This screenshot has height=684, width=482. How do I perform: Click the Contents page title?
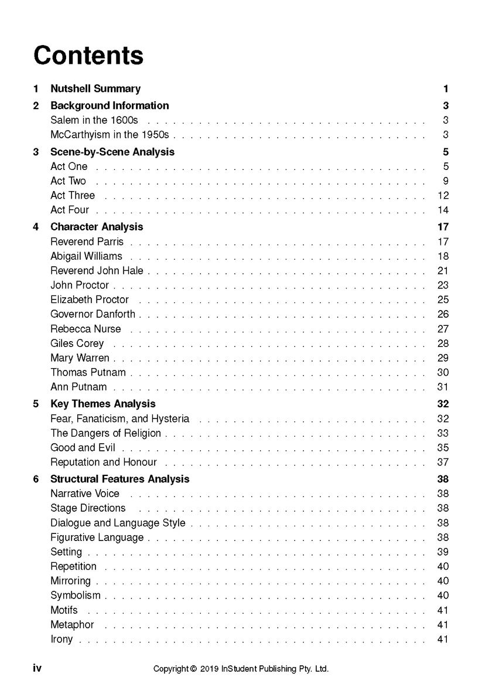tap(88, 55)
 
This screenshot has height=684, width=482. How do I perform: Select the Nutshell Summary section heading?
tap(95, 89)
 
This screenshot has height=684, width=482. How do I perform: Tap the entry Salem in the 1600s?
tap(94, 120)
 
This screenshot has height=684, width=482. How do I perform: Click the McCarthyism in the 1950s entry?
tap(110, 135)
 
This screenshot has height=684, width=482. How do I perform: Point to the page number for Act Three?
tap(443, 196)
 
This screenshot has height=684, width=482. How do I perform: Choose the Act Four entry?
tap(70, 210)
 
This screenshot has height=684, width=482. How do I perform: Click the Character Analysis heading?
tap(97, 227)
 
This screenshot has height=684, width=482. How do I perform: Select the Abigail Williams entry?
tap(86, 256)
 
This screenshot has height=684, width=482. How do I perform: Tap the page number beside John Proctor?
tap(443, 285)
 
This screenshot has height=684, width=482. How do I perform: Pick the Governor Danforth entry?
tap(93, 314)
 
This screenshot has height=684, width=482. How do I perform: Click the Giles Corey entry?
tap(77, 343)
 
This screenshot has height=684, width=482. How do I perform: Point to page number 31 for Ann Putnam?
tap(443, 387)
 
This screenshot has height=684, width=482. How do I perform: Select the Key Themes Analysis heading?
tap(103, 404)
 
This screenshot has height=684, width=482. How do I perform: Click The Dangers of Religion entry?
tap(105, 433)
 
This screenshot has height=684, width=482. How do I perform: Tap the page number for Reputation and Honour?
tap(443, 462)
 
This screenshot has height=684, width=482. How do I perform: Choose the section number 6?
tap(36, 479)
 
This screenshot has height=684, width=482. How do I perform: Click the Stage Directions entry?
tap(88, 508)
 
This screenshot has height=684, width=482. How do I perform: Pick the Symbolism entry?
tap(76, 595)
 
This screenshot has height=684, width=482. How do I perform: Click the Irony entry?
tap(61, 639)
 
